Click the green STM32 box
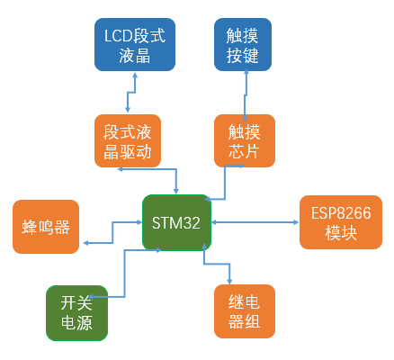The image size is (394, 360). (176, 222)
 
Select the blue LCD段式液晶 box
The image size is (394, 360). (135, 44)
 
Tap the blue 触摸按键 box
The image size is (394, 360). (243, 44)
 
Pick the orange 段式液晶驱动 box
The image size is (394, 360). (128, 140)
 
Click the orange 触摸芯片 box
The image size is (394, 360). (245, 140)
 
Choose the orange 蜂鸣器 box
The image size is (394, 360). (46, 227)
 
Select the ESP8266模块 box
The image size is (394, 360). (341, 222)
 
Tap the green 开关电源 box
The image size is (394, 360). (76, 313)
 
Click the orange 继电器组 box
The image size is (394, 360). (245, 311)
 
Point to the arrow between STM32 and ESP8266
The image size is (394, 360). (255, 222)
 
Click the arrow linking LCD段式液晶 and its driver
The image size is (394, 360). (131, 93)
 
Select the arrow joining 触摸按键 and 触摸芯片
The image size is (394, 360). (246, 95)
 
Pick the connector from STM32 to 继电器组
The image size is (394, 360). (217, 264)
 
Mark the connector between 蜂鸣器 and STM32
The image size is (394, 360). (112, 232)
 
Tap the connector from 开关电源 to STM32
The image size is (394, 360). (124, 274)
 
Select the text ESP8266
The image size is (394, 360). (341, 213)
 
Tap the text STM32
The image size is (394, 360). (176, 223)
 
